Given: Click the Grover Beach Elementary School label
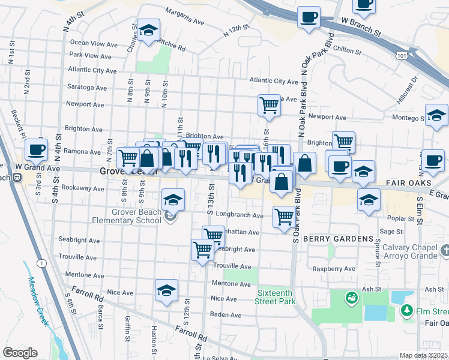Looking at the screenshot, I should coord(136,216).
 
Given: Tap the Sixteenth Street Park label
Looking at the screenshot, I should coord(276,298).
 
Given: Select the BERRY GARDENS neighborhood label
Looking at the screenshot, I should coord(339,239).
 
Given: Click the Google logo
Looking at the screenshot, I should coord(20,353).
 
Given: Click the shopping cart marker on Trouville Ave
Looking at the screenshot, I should coord(202,249).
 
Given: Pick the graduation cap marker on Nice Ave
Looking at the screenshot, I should coord(166,290).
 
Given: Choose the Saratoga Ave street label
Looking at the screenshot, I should coord(87,87).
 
